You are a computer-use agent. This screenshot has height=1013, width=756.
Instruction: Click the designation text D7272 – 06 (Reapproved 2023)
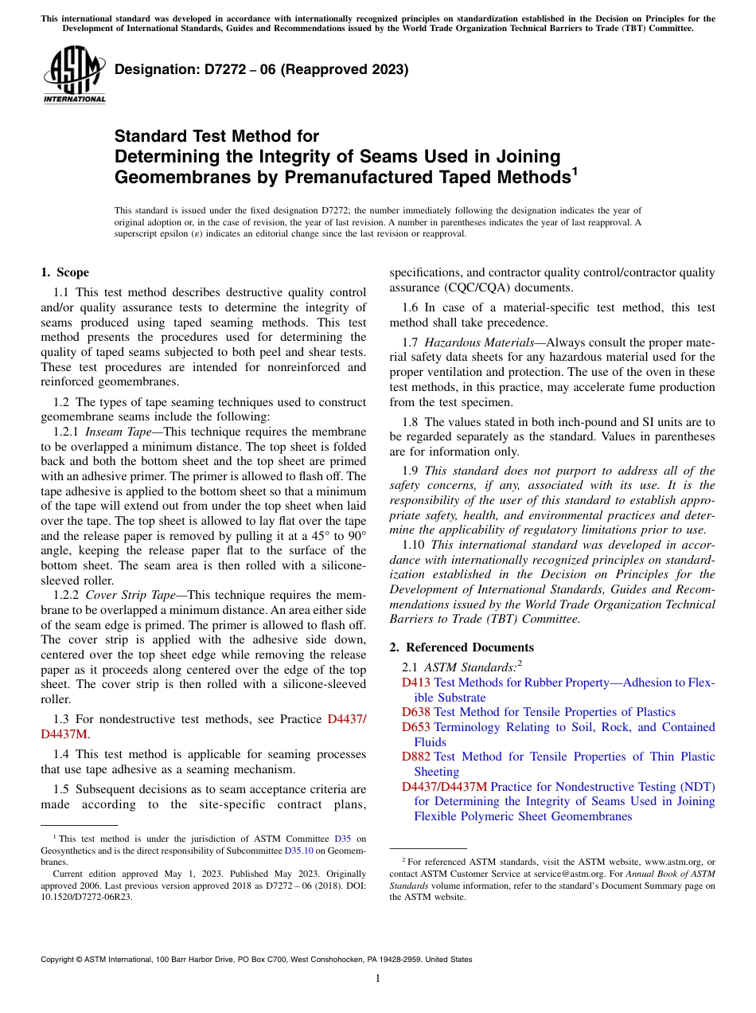tap(261, 69)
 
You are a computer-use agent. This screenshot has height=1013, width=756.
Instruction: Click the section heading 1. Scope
tap(64, 272)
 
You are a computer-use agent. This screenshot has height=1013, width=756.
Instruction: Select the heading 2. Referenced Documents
tap(462, 647)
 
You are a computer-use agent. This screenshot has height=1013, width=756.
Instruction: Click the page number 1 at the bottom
tap(378, 979)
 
